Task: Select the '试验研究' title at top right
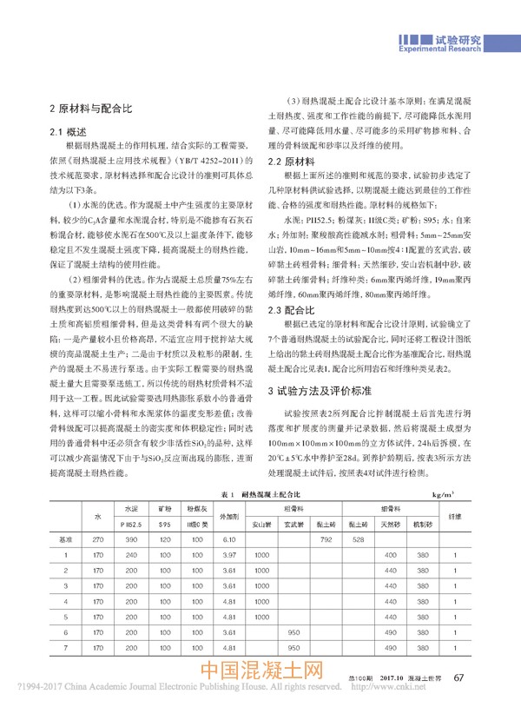(x=456, y=38)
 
